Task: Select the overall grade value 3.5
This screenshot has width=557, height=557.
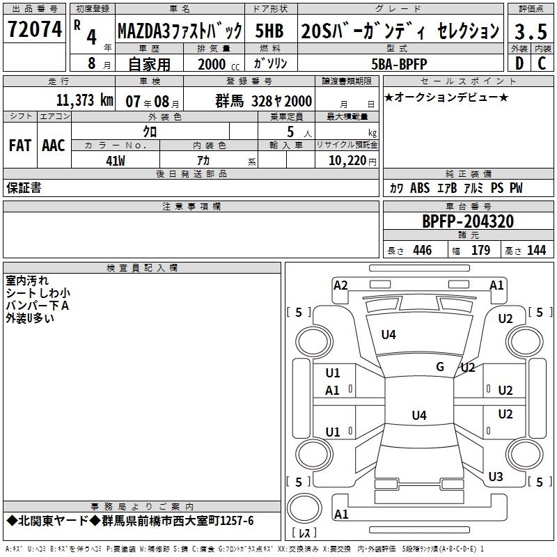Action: point(530,31)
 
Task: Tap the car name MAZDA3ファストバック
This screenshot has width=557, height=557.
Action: point(180,31)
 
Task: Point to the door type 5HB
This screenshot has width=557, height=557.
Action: point(269,31)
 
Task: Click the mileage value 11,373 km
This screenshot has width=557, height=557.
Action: point(84,100)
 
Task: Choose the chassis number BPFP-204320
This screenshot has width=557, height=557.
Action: point(468,221)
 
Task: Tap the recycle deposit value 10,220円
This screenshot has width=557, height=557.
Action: point(347,160)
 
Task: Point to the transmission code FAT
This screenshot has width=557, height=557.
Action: point(19,146)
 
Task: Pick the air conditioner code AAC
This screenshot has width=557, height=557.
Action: point(53,146)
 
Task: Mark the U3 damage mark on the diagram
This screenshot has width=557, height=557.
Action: point(496,477)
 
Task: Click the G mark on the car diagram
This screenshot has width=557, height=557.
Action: point(440,367)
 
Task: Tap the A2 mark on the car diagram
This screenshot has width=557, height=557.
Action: point(340,285)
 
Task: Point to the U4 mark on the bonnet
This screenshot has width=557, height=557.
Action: point(389,335)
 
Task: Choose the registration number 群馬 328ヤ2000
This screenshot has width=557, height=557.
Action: point(263,100)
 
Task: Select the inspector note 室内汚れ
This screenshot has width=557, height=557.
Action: point(27,281)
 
